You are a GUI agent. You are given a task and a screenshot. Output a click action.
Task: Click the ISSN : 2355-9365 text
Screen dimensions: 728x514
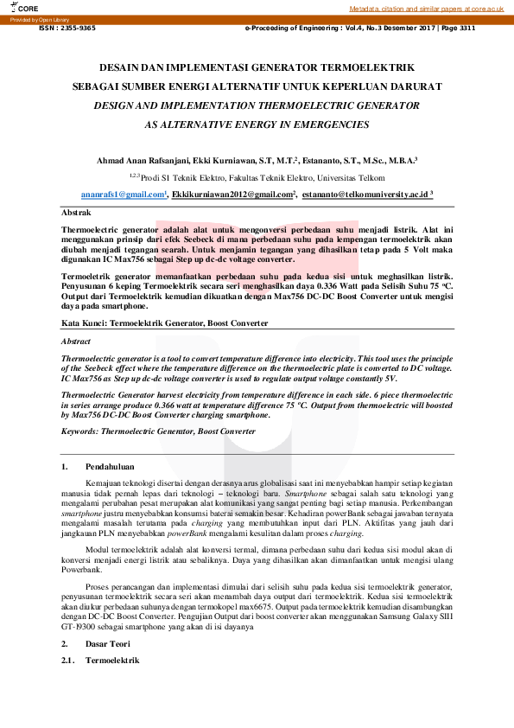point(67,28)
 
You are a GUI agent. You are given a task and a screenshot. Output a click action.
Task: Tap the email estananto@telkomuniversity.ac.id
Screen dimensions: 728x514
point(365,195)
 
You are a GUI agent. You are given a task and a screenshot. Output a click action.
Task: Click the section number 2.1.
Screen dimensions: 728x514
point(68,661)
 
